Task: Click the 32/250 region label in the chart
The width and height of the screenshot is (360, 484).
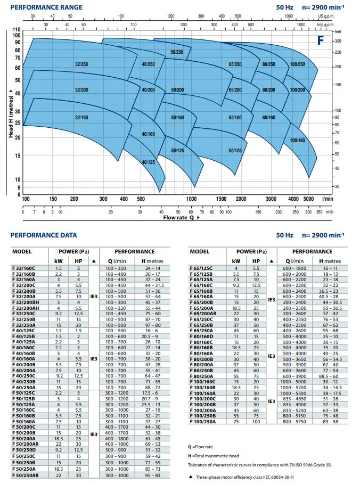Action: click(81, 64)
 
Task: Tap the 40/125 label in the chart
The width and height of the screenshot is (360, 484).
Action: click(148, 162)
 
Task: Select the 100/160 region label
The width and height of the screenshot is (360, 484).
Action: click(297, 140)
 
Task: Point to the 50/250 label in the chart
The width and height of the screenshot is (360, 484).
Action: click(176, 52)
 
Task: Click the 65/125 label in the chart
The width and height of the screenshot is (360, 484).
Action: click(235, 151)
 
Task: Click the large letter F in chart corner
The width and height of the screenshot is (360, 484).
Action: click(321, 40)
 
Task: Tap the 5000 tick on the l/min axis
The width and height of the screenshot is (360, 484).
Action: click(309, 199)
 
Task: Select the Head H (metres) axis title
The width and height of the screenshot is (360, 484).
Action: click(11, 113)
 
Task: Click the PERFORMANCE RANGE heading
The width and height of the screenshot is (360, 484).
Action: click(47, 7)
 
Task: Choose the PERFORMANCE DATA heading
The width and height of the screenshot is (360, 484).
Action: click(44, 235)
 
